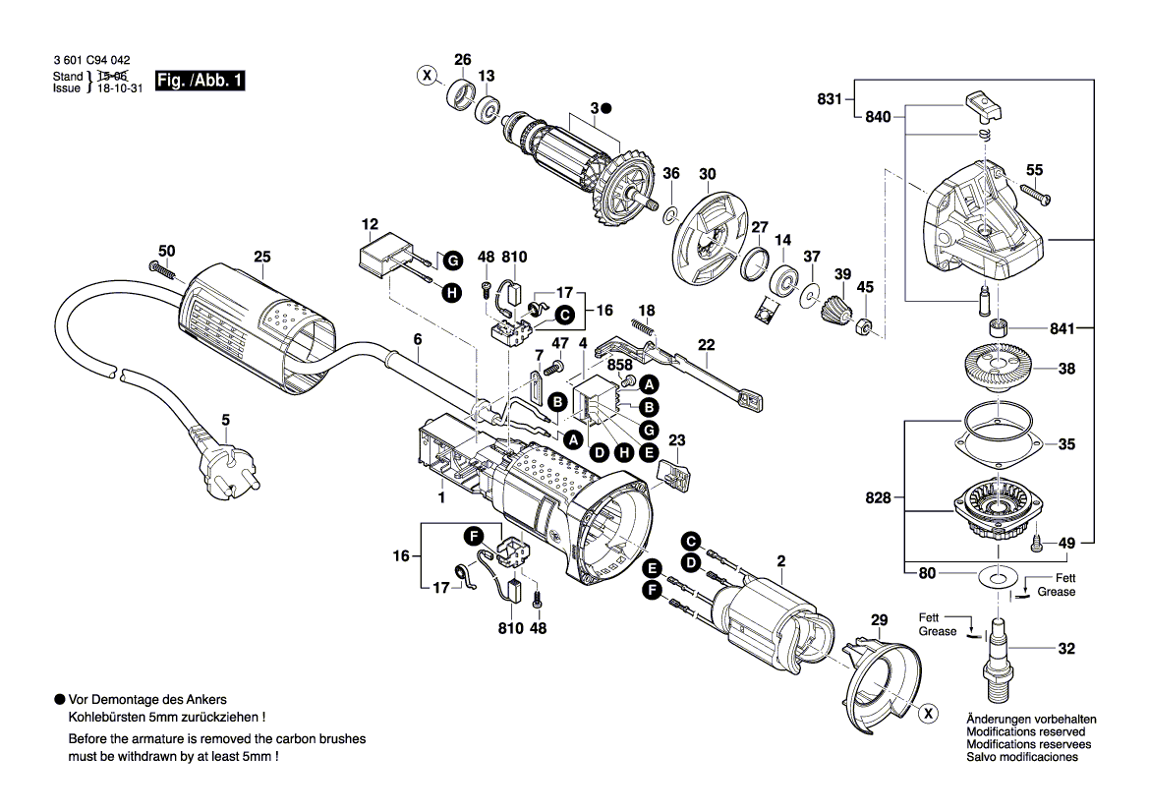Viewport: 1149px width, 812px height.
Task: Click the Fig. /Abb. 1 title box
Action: [200, 81]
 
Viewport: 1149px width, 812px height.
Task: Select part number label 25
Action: [260, 258]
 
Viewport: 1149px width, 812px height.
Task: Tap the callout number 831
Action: [830, 98]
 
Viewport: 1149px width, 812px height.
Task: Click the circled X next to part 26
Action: [427, 75]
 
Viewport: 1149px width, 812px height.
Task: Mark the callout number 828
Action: [878, 498]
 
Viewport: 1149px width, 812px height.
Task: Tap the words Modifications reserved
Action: [1025, 732]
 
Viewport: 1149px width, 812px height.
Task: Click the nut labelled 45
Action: [864, 327]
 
